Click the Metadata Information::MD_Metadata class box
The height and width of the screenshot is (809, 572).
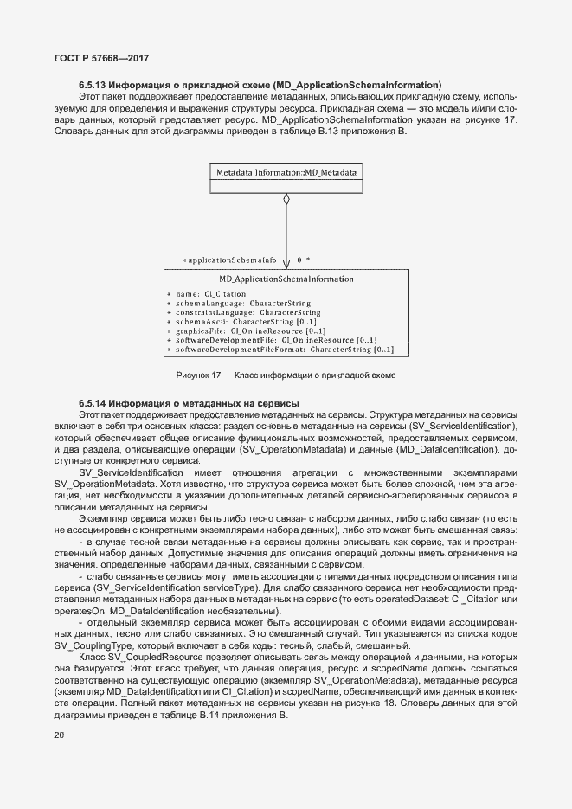click(286, 173)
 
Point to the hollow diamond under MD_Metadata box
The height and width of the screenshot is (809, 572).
click(286, 199)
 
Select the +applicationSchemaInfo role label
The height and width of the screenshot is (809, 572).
click(229, 260)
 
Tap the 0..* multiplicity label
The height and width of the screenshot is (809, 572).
click(303, 260)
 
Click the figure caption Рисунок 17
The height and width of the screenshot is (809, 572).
click(286, 376)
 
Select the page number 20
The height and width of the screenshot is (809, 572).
click(59, 735)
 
